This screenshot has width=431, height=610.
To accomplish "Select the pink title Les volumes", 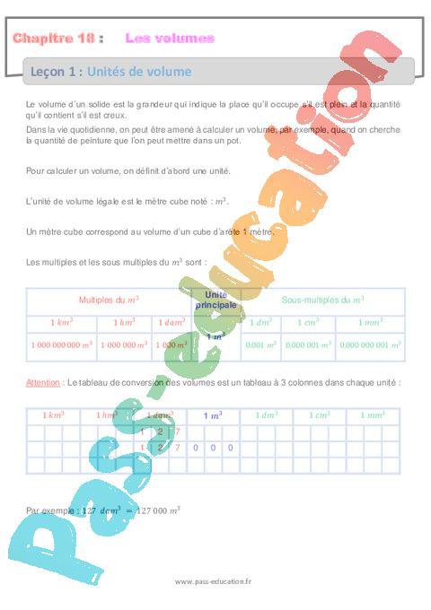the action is [x=170, y=38].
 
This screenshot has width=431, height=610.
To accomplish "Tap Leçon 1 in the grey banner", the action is [x=57, y=72].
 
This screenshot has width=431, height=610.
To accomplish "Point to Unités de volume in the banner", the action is [x=140, y=72].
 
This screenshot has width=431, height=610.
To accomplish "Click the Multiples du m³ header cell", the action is [x=109, y=300].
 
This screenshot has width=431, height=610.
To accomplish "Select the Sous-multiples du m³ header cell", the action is [x=322, y=300].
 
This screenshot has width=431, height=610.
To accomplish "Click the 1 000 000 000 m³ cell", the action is [x=61, y=344].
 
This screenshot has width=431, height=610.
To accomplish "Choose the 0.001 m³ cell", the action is [x=260, y=344].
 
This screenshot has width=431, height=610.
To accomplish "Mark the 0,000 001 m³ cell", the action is [x=308, y=344].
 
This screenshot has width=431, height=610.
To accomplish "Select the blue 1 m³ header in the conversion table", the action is [x=213, y=415].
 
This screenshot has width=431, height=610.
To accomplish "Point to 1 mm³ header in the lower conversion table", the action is [x=373, y=415].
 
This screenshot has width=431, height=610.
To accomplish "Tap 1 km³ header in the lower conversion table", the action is [x=53, y=415].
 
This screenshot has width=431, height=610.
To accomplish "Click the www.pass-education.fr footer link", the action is [x=214, y=581].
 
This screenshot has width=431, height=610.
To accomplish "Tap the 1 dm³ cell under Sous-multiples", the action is [x=260, y=321].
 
